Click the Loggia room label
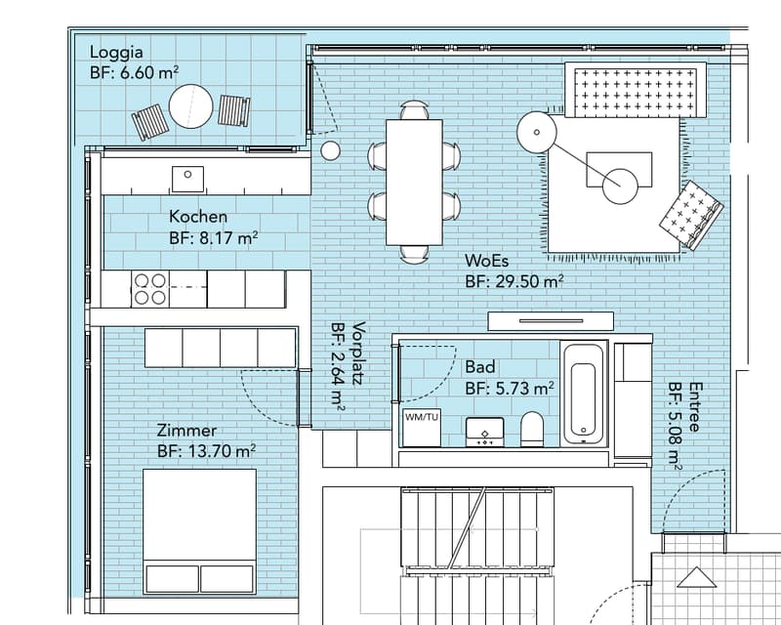tap(116, 53)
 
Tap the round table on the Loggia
tap(190, 106)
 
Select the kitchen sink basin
tap(187, 179)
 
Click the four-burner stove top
tap(150, 289)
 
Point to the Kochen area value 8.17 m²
tap(228, 237)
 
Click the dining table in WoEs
tap(414, 182)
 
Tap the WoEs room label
tap(486, 261)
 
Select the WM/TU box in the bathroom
tap(422, 428)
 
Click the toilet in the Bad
tap(532, 429)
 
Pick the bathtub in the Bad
tap(584, 394)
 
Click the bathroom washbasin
tap(484, 432)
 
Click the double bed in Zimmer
tap(200, 531)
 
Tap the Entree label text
tap(695, 406)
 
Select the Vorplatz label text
tap(358, 354)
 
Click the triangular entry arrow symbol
tap(696, 577)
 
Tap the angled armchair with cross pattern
tap(691, 215)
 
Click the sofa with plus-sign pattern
tap(636, 90)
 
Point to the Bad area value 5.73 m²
tap(525, 389)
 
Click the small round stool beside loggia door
tap(330, 150)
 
